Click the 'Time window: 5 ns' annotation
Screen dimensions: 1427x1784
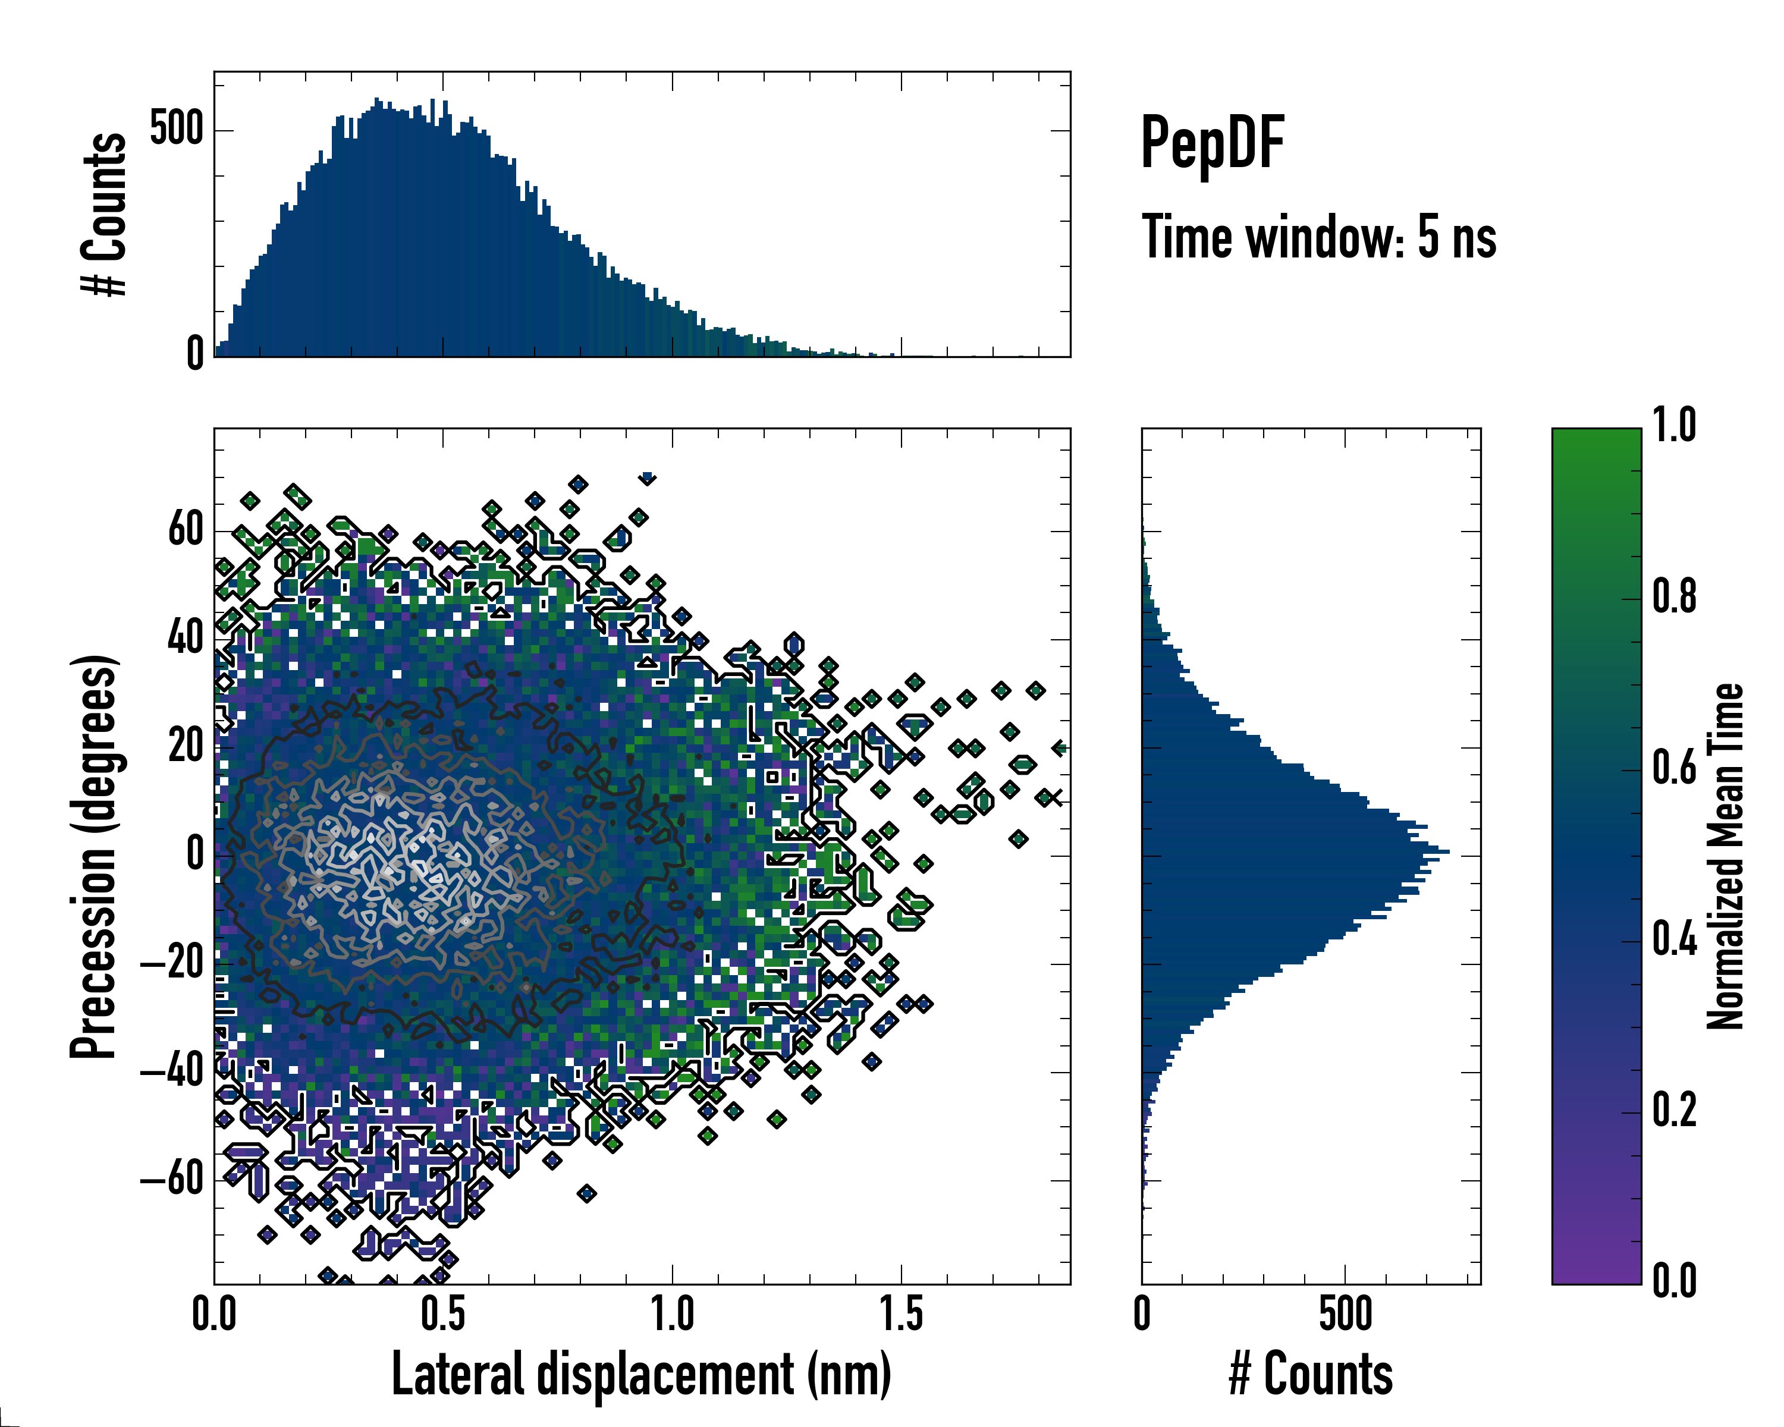pyautogui.click(x=1319, y=237)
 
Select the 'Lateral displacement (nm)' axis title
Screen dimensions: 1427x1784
pyautogui.click(x=641, y=1374)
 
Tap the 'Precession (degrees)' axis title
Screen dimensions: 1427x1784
pyautogui.click(x=93, y=856)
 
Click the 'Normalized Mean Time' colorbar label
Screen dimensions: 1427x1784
pyautogui.click(x=1725, y=856)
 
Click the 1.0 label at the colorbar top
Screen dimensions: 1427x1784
pyautogui.click(x=1674, y=425)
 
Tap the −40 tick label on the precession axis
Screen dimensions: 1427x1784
pyautogui.click(x=171, y=1071)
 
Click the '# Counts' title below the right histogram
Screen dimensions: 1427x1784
pyautogui.click(x=1311, y=1374)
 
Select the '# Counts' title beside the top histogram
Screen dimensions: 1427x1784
pyautogui.click(x=104, y=213)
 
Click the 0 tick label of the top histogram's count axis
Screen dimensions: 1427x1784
pyautogui.click(x=195, y=354)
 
